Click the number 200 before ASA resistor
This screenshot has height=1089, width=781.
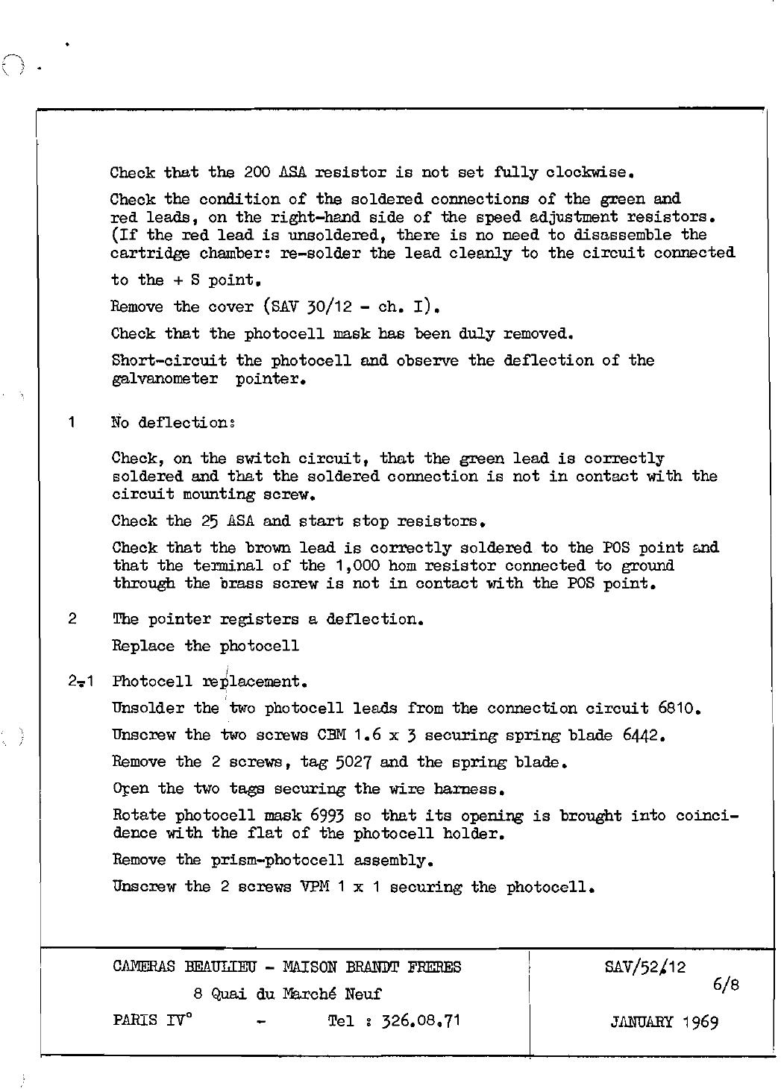[x=258, y=172]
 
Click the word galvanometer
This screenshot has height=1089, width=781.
[x=164, y=379]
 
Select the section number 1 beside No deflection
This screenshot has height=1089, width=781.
[x=71, y=422]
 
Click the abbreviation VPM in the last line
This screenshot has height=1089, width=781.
[x=314, y=887]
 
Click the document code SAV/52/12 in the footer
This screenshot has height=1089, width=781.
[x=645, y=967]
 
